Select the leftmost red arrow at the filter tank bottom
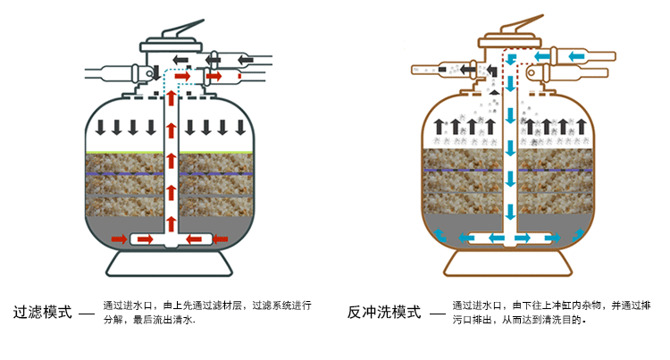[x=115, y=239]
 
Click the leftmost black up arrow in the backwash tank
[x=438, y=126]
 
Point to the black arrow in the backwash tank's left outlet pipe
[x=423, y=68]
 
